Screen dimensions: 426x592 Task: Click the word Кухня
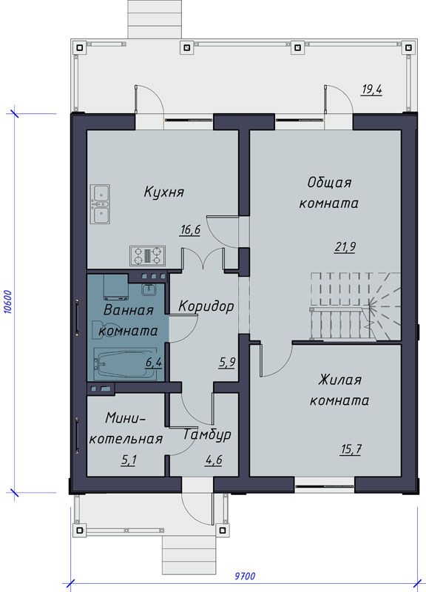pos(163,192)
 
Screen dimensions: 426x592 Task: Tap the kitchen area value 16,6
pos(190,230)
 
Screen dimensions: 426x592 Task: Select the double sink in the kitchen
pos(100,204)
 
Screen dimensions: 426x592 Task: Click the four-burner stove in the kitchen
pos(148,255)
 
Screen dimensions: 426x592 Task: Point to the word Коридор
pos(206,306)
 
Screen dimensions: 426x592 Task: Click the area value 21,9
pos(345,247)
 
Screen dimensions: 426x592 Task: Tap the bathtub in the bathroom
pos(124,364)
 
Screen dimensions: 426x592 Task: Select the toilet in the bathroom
pos(105,329)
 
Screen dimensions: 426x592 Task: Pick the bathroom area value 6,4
pos(154,363)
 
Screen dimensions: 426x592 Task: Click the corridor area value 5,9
pos(227,363)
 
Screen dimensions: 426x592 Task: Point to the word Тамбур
pos(207,435)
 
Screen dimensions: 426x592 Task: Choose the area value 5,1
pos(129,460)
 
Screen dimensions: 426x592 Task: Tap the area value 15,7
pos(351,449)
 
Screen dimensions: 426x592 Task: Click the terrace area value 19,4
pos(372,90)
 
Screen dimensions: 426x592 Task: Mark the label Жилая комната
pos(339,390)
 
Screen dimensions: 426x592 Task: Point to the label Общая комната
pos(328,193)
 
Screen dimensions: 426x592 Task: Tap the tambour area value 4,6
pos(214,460)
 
